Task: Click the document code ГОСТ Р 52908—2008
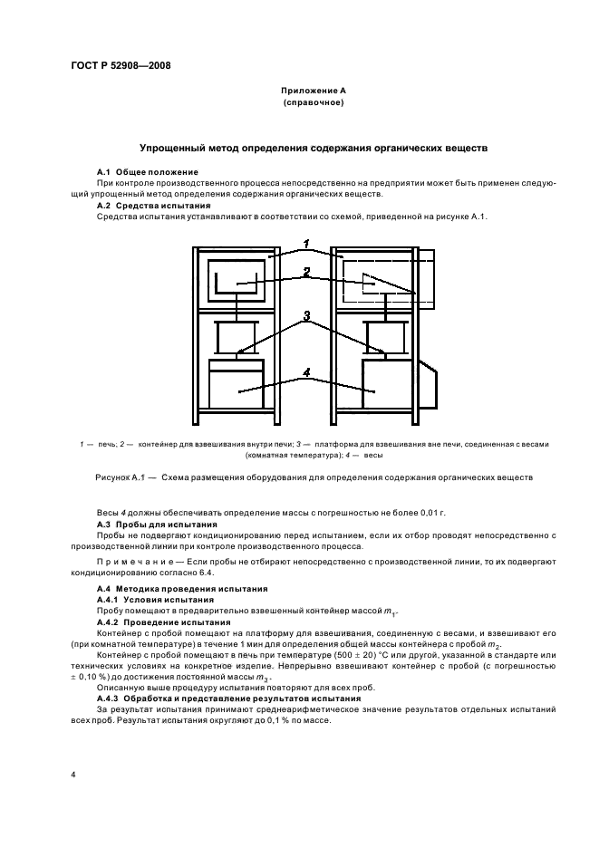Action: coord(121,66)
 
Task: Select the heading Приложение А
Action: coord(313,92)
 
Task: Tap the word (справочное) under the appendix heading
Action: coord(313,103)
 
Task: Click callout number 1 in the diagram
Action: coord(307,243)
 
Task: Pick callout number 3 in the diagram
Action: coord(307,316)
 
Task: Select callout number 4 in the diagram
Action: coord(307,371)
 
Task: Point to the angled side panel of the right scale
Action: coord(433,381)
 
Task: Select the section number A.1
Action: coord(104,171)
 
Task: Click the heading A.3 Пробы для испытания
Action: coord(157,524)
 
